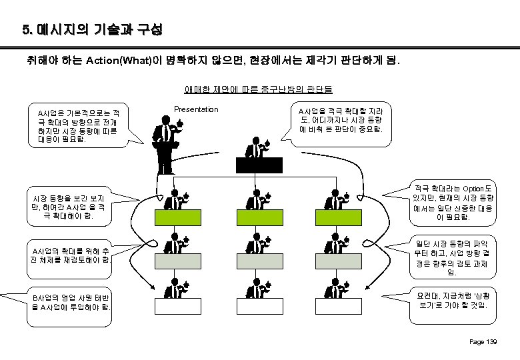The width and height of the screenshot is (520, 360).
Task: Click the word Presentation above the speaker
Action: coord(195,109)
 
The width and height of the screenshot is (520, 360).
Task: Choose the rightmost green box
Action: coord(340,217)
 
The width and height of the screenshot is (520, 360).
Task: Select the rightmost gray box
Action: coord(340,260)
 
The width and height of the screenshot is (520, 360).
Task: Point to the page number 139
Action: coord(483,342)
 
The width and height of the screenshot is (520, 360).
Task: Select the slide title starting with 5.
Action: coord(91,31)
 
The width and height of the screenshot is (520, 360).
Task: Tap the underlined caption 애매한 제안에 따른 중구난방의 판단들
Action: coord(259,89)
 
